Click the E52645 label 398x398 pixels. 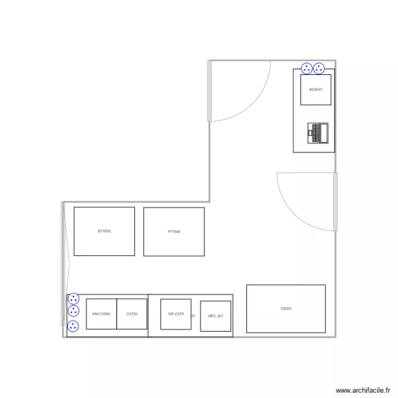(x=316, y=89)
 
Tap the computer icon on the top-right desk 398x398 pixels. (x=318, y=133)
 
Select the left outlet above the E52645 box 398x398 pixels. (x=307, y=68)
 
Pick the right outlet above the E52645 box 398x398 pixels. (x=319, y=68)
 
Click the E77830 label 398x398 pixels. (x=104, y=231)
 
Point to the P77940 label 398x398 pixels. (x=174, y=232)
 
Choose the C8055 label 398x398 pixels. (x=285, y=309)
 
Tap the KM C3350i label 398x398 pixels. (x=101, y=314)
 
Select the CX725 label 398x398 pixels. (x=132, y=314)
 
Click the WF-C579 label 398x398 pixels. (x=176, y=314)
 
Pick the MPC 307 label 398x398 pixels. (x=215, y=316)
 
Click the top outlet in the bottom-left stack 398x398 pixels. (x=74, y=299)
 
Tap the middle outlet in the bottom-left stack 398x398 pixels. (x=74, y=311)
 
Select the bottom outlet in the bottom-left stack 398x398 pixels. (x=74, y=326)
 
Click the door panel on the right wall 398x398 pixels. (x=335, y=202)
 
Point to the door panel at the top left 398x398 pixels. (x=210, y=91)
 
